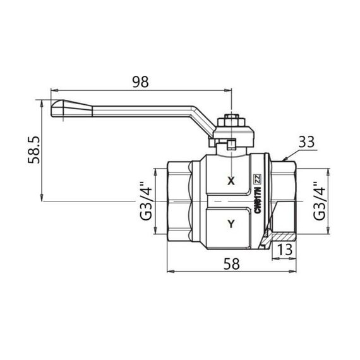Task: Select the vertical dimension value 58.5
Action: [x=26, y=150]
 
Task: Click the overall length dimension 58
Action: [x=233, y=265]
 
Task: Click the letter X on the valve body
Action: [x=231, y=181]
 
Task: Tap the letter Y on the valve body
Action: [x=231, y=223]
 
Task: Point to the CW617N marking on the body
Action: [x=257, y=201]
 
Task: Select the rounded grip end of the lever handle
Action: [x=57, y=109]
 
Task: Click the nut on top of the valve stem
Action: [x=231, y=119]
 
